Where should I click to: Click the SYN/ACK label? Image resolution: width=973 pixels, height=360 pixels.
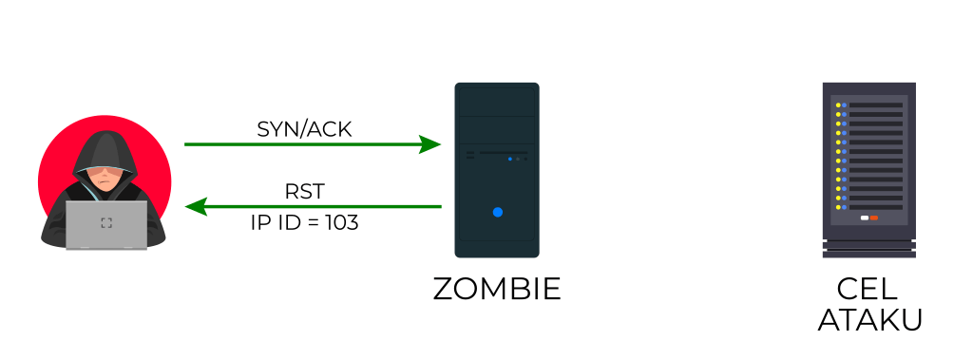pyautogui.click(x=304, y=129)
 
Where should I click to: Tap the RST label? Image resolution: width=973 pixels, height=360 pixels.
pyautogui.click(x=304, y=192)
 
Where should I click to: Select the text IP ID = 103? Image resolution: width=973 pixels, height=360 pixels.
pyautogui.click(x=304, y=224)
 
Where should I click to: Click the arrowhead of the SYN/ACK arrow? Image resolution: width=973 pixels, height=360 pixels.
pyautogui.click(x=432, y=144)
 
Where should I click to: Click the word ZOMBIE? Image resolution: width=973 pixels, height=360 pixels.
pyautogui.click(x=497, y=289)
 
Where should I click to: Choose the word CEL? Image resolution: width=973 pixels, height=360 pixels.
pyautogui.click(x=869, y=290)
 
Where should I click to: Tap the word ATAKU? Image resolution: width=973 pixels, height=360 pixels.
pyautogui.click(x=869, y=320)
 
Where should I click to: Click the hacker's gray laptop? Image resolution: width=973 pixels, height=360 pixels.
pyautogui.click(x=105, y=225)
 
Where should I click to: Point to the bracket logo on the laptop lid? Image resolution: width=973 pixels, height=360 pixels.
pyautogui.click(x=105, y=223)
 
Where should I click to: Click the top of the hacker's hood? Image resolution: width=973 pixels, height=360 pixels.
pyautogui.click(x=104, y=135)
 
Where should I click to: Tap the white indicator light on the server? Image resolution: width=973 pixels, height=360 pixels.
pyautogui.click(x=864, y=218)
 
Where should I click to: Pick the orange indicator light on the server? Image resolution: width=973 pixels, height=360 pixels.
pyautogui.click(x=874, y=218)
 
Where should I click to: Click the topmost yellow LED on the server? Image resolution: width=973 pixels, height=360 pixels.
pyautogui.click(x=837, y=105)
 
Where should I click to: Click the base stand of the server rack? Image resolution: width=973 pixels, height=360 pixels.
pyautogui.click(x=869, y=251)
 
